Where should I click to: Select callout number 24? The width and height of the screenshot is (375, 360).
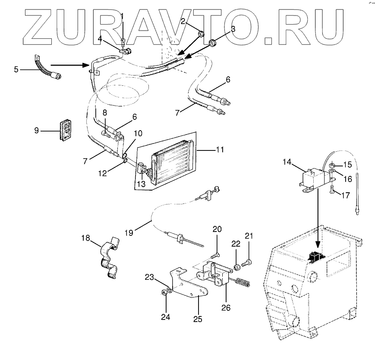166,317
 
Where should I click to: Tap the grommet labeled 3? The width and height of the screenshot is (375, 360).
212,43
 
